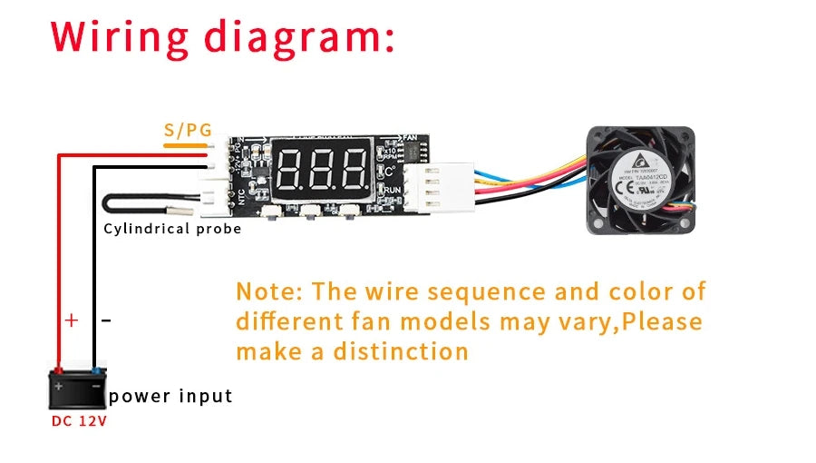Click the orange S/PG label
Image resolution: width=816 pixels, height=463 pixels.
[x=188, y=131]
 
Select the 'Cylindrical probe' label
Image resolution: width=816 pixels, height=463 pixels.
[x=172, y=229]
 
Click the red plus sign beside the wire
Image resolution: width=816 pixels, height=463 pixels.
[x=73, y=320]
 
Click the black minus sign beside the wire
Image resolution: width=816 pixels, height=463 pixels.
[x=106, y=320]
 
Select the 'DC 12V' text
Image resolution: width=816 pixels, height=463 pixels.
[x=78, y=422]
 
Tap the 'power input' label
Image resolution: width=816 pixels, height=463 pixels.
[x=170, y=396]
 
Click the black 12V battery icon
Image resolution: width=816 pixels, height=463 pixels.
[x=78, y=388]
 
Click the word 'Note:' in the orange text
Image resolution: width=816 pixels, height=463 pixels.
[x=268, y=291]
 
